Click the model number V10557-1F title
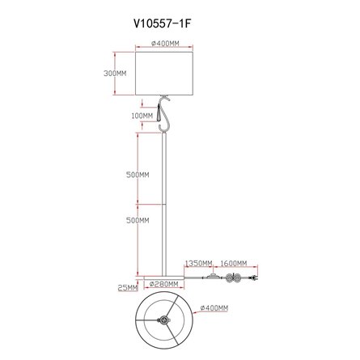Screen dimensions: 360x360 [x=163, y=23]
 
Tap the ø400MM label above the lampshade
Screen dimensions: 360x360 [x=165, y=43]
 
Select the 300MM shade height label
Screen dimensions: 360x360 [x=115, y=73]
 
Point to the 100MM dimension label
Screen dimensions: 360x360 [x=142, y=116]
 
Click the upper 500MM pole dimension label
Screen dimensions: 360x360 [x=138, y=175]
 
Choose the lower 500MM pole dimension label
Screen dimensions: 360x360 [x=138, y=220]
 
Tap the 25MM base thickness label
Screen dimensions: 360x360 [x=128, y=288]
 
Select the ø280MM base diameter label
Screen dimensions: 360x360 [x=164, y=284]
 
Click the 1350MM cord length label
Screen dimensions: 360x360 [x=198, y=263]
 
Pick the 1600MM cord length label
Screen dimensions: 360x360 [x=234, y=263]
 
